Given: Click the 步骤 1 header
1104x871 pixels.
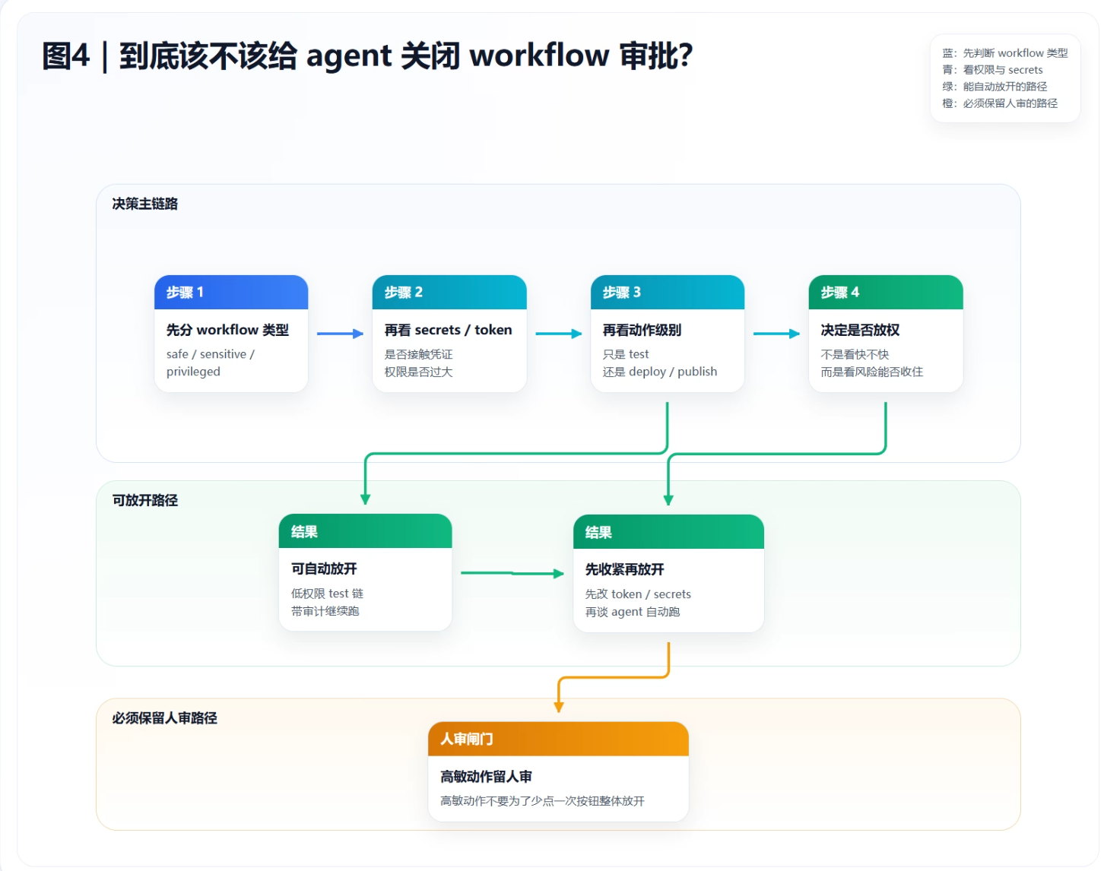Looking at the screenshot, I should point(230,293).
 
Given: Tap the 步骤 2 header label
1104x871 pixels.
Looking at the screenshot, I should point(404,293).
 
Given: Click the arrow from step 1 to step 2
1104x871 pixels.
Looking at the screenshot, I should point(340,334).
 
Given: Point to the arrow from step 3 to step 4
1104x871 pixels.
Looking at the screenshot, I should point(776,334).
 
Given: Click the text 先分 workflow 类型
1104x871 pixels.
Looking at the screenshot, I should point(227,330).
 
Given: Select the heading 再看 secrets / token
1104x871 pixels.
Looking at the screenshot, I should point(448,330).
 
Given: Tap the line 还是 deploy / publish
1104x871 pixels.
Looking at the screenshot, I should point(659,372).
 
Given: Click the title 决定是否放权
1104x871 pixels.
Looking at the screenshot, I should point(860,330).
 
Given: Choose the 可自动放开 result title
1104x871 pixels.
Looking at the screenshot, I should point(324,569).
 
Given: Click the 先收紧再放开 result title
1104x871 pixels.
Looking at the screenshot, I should point(624,569).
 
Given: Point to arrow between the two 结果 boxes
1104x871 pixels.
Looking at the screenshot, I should point(512,573).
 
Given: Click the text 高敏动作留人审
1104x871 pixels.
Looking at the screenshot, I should point(486,777).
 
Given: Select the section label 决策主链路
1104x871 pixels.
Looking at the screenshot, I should point(144,204).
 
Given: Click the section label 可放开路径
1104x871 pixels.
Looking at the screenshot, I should point(144,500).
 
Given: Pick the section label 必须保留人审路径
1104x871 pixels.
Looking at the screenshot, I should point(164,718).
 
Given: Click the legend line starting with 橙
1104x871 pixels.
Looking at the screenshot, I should point(999,103).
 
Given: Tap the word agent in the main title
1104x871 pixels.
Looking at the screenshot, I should point(349,56).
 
